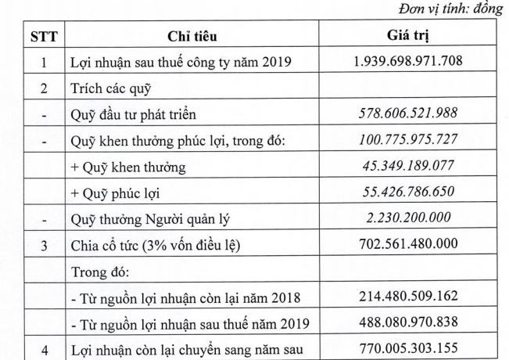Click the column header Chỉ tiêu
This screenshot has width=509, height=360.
192,36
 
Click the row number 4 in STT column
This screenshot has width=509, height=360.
45,350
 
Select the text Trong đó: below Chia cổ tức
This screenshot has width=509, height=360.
98,272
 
